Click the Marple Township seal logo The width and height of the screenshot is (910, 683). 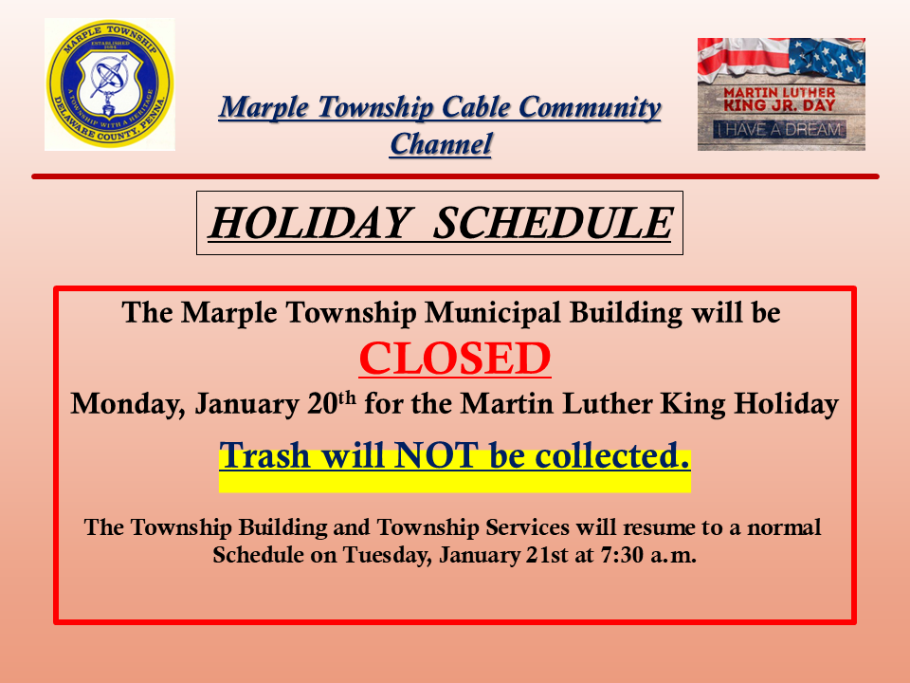click(x=110, y=84)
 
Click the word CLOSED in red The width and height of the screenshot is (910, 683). click(x=455, y=359)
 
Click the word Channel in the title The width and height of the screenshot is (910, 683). click(x=441, y=144)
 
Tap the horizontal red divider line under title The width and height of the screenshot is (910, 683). click(x=455, y=176)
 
